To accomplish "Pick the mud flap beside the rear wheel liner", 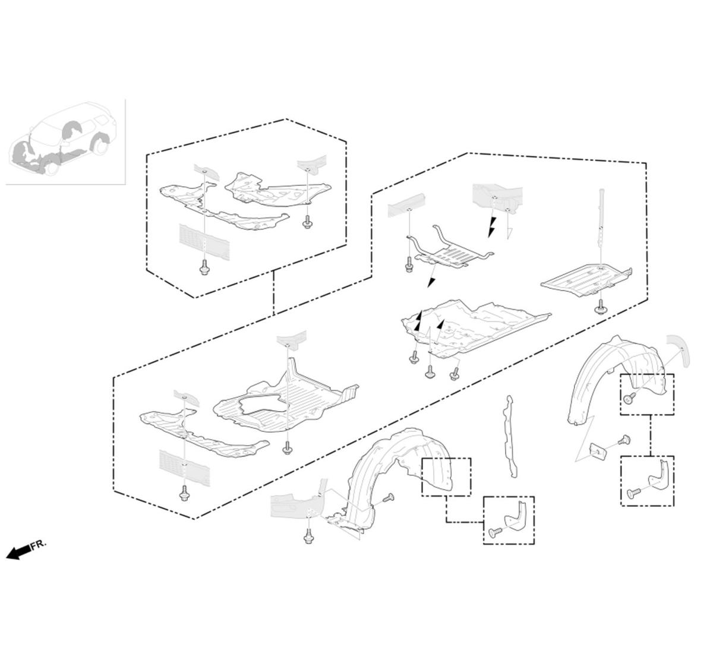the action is (658, 476).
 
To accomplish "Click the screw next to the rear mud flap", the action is (633, 493).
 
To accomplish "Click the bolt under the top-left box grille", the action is (204, 267).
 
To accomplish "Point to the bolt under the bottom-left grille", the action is (185, 493).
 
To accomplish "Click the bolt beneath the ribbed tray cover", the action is (601, 307).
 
